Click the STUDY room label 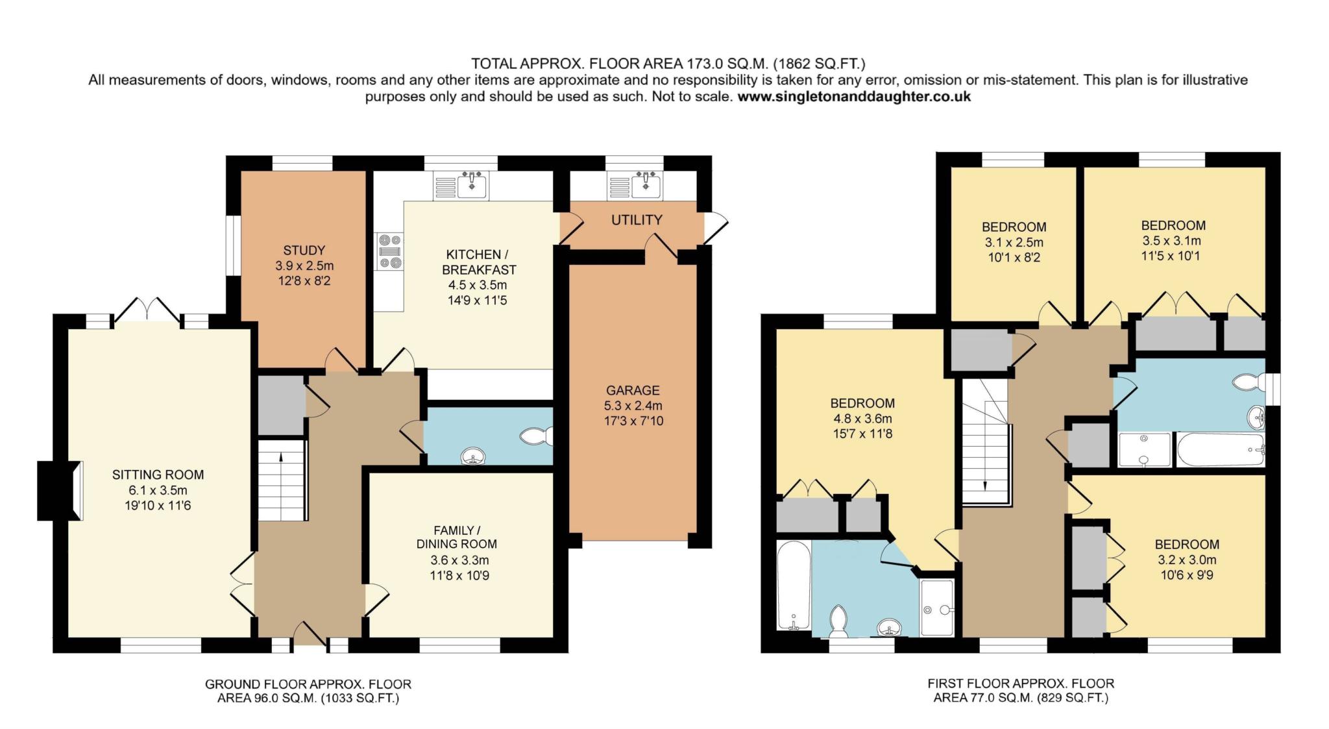pos(304,251)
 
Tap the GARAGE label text pos(633,390)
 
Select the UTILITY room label pos(637,220)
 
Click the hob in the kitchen pos(389,251)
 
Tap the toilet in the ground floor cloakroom pos(537,436)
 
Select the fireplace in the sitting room pos(60,491)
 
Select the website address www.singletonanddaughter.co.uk pos(854,97)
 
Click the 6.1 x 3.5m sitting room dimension pos(158,490)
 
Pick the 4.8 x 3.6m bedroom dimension pos(862,419)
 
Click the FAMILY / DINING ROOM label pos(457,537)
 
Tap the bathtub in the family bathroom pos(1221,450)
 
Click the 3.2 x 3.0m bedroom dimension pos(1187,560)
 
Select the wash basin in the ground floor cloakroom pos(473,457)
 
